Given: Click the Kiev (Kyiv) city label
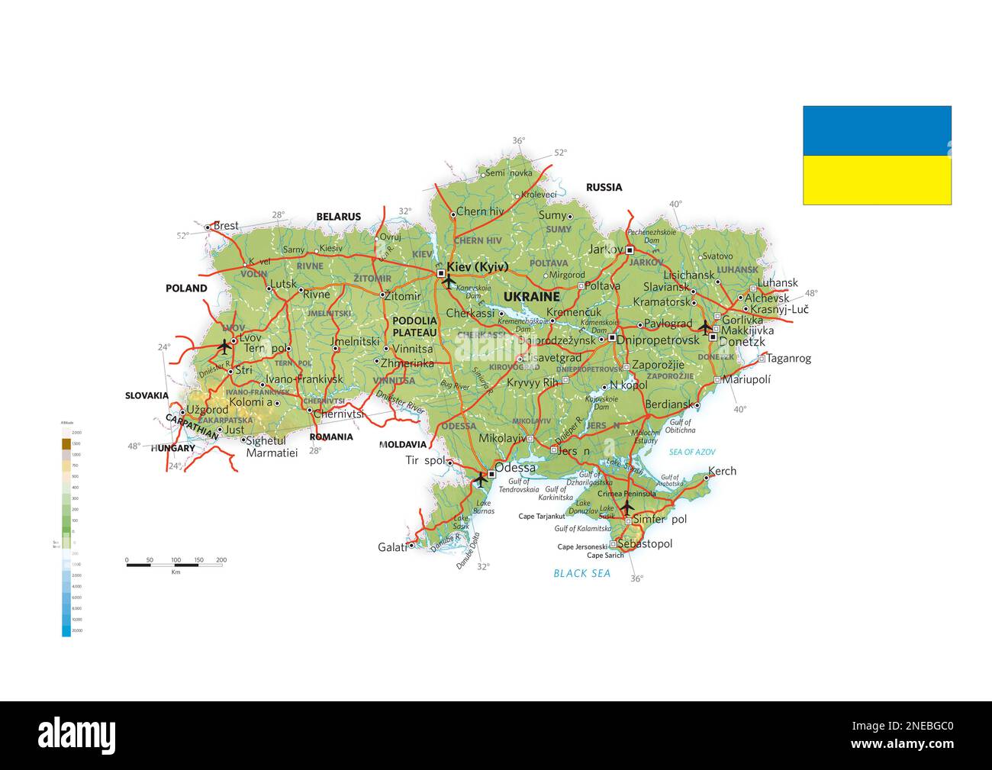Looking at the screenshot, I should pyautogui.click(x=477, y=266).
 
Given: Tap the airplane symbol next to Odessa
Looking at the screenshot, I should pyautogui.click(x=480, y=479).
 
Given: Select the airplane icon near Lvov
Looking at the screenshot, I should pyautogui.click(x=224, y=346).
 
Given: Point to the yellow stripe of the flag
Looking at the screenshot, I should pyautogui.click(x=877, y=180).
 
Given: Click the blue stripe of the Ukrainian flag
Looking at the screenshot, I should pyautogui.click(x=877, y=130).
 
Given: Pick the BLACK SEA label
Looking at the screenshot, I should pyautogui.click(x=581, y=573).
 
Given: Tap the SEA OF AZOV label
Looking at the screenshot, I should pyautogui.click(x=692, y=453).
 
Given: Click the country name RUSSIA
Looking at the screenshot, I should pyautogui.click(x=604, y=187).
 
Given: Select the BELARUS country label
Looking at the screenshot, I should pyautogui.click(x=338, y=217).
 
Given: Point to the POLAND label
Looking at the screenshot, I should pyautogui.click(x=186, y=288).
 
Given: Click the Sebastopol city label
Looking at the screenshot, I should pyautogui.click(x=645, y=544).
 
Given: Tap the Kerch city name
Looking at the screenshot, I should pyautogui.click(x=722, y=471).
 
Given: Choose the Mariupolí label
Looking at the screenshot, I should pyautogui.click(x=746, y=379).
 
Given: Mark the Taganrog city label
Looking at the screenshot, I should pyautogui.click(x=788, y=358).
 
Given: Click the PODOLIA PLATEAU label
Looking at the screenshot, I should pyautogui.click(x=414, y=327).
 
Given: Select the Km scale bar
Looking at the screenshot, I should pyautogui.click(x=175, y=565).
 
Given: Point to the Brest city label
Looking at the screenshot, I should pyautogui.click(x=225, y=226).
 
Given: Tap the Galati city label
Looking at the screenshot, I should pyautogui.click(x=392, y=547).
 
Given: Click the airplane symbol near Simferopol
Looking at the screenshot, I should pyautogui.click(x=626, y=507).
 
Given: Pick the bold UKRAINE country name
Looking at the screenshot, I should pyautogui.click(x=531, y=297).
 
